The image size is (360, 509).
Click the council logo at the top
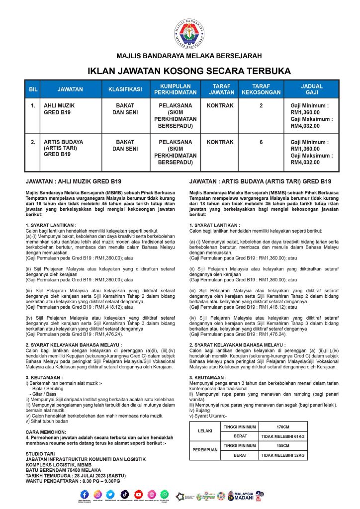tap(189, 29)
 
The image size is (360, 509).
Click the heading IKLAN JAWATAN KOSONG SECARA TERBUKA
tap(189, 71)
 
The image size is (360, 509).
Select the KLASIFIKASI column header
tap(125, 89)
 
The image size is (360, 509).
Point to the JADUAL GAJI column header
tap(312, 89)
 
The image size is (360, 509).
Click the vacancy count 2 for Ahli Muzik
tap(261, 106)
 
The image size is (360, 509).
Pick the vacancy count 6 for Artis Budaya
tap(261, 142)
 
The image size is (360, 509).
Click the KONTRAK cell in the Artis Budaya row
tap(220, 142)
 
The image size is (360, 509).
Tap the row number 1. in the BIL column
tap(33, 106)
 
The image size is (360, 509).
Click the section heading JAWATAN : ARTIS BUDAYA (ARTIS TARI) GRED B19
tap(260, 181)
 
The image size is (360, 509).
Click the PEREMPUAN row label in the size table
tap(205, 450)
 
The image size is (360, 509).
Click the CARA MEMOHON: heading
tap(45, 432)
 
